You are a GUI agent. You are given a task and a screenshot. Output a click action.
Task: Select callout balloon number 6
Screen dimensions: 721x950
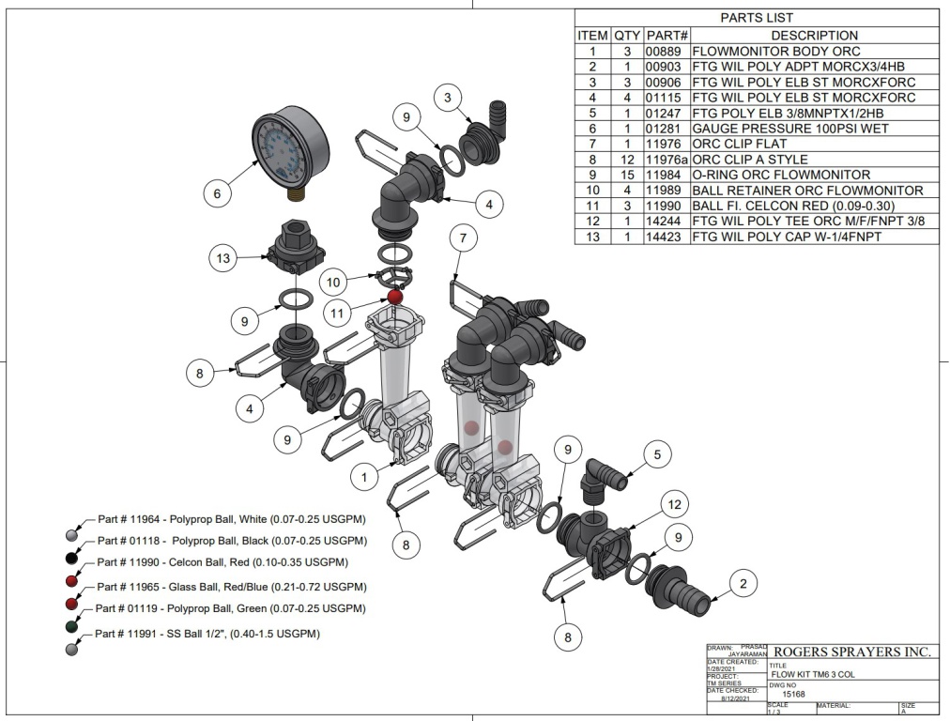pos(217,193)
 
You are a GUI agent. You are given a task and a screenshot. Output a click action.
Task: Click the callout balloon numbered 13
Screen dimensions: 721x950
pos(222,256)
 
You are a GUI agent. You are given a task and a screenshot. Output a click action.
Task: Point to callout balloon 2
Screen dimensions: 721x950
pos(743,585)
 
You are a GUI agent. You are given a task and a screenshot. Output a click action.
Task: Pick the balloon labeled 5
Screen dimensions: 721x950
pos(657,455)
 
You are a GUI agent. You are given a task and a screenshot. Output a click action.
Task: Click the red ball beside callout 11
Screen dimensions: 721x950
pos(395,297)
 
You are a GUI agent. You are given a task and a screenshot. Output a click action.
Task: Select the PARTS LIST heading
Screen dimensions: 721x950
pos(757,18)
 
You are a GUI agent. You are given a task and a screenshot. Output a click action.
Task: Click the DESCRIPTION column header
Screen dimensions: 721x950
pos(814,35)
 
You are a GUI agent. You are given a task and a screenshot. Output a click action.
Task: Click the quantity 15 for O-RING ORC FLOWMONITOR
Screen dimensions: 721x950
pos(627,175)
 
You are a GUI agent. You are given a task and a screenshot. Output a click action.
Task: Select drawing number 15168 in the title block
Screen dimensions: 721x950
pos(794,695)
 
